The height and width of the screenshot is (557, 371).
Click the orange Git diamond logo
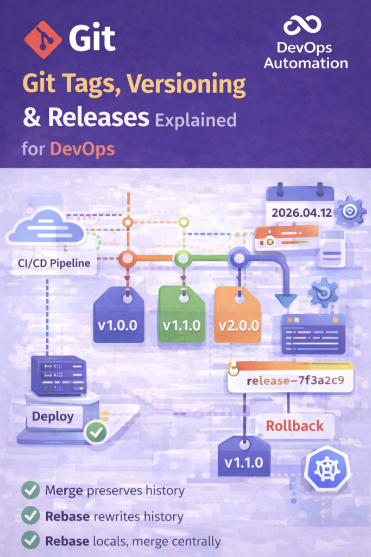[x=43, y=39]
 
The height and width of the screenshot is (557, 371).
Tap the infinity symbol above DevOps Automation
[x=303, y=25]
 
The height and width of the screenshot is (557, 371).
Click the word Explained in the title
[x=196, y=121]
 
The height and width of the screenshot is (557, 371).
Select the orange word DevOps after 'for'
[x=82, y=149]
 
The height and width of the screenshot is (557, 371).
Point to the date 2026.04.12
[x=302, y=213]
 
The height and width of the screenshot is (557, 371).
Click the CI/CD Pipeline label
[x=54, y=263]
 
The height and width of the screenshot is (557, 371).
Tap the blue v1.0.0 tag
[x=118, y=315]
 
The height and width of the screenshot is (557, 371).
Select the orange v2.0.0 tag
[x=238, y=315]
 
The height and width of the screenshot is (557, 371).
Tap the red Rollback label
[x=295, y=425]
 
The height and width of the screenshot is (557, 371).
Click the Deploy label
[x=53, y=416]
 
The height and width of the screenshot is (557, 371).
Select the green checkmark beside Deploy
[x=96, y=432]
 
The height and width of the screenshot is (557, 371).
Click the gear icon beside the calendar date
[x=350, y=212]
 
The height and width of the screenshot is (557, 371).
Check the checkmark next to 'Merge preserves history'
[x=30, y=490]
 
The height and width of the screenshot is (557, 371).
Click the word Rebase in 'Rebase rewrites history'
[x=67, y=516]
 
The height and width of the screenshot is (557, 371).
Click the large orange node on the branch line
[x=127, y=258]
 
